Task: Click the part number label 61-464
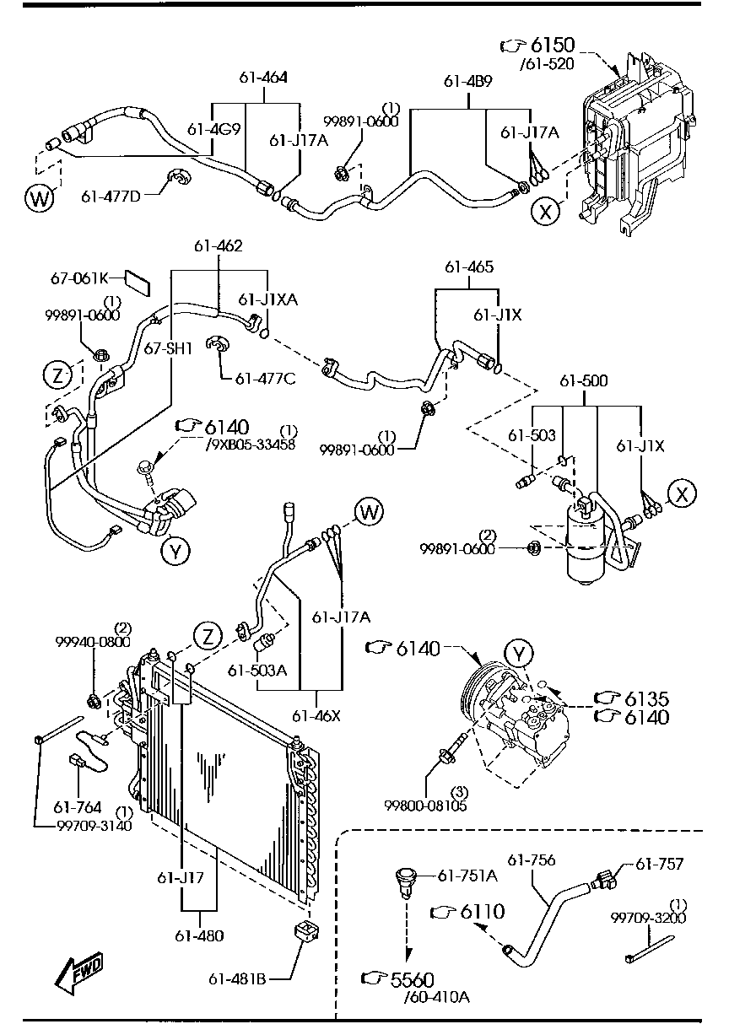click(263, 78)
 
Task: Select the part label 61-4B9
click(467, 81)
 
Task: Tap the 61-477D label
click(111, 197)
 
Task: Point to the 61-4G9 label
click(213, 129)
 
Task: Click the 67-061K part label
click(79, 278)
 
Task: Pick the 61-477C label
click(265, 379)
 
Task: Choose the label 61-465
click(469, 267)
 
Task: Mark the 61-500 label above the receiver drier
click(584, 380)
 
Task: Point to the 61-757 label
click(659, 864)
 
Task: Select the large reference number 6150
click(553, 45)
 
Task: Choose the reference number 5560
click(412, 979)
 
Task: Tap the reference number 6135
click(646, 699)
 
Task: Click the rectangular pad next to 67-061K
click(138, 283)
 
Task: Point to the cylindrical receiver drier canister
click(586, 545)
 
